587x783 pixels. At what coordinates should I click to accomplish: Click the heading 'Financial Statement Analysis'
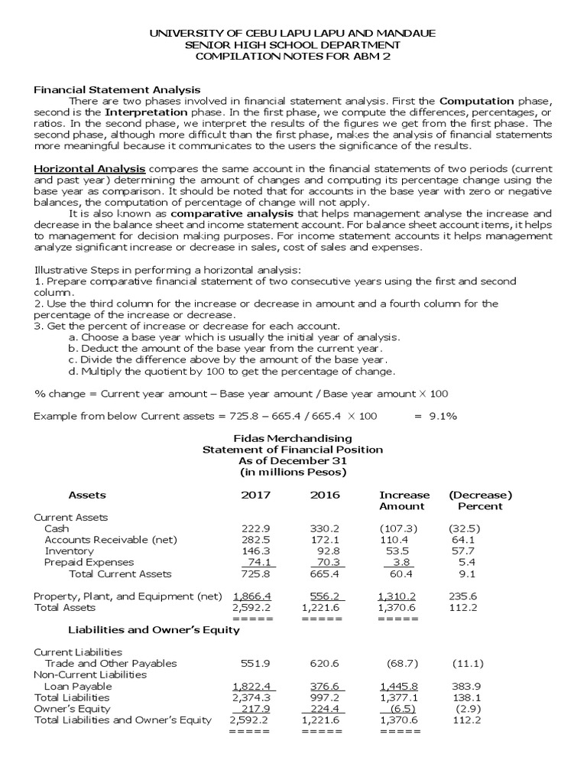click(x=117, y=90)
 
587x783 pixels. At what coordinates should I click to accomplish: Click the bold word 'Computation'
click(x=477, y=101)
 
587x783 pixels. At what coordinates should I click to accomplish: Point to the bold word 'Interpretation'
click(x=136, y=112)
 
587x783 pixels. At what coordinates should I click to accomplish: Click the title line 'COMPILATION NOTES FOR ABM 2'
click(x=293, y=57)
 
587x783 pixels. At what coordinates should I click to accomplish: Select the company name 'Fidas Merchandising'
click(x=293, y=438)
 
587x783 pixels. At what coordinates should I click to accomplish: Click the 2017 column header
click(x=256, y=495)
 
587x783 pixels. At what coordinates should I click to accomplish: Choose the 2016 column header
click(x=325, y=495)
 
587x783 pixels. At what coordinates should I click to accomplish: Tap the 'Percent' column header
click(x=480, y=506)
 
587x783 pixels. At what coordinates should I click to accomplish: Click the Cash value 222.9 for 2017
click(x=255, y=528)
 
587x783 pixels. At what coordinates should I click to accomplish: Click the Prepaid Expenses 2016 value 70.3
click(x=324, y=562)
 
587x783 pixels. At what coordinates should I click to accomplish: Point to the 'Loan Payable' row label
click(x=78, y=686)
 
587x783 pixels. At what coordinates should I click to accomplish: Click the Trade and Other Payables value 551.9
click(x=256, y=663)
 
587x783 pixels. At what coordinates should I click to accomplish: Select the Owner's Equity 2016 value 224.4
click(x=325, y=708)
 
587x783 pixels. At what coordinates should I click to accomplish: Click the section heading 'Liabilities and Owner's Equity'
click(x=154, y=630)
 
